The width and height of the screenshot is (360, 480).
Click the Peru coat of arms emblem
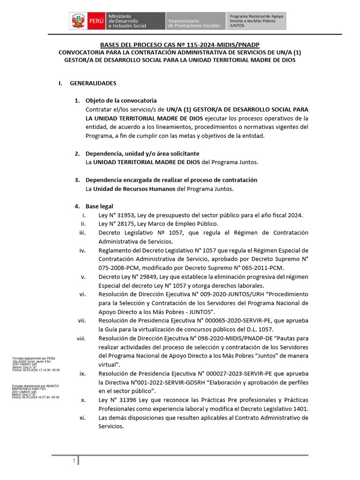click(x=78, y=22)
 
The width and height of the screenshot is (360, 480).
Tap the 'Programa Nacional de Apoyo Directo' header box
click(x=256, y=22)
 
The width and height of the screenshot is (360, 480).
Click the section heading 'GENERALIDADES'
click(x=93, y=83)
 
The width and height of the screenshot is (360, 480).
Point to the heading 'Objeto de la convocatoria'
click(x=121, y=101)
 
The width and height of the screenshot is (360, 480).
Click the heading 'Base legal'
click(x=99, y=206)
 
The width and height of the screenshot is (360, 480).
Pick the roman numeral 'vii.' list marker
click(x=82, y=321)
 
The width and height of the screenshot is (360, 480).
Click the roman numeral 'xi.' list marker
click(x=82, y=418)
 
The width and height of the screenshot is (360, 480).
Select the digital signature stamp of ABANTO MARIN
click(x=36, y=391)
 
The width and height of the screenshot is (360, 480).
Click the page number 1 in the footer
click(x=74, y=462)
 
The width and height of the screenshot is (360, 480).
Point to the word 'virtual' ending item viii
click(x=110, y=364)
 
